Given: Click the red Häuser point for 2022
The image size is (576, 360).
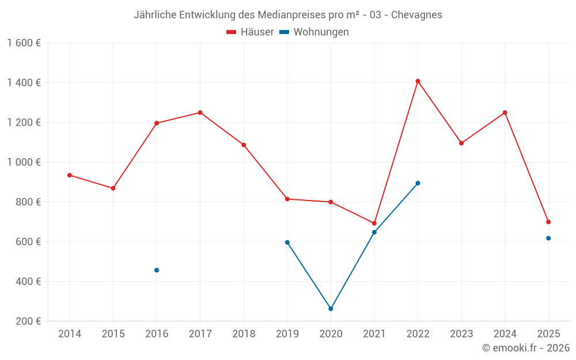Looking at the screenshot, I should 418,81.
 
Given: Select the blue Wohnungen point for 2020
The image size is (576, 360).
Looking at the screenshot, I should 331,309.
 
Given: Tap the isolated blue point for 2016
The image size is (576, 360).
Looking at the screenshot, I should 157,270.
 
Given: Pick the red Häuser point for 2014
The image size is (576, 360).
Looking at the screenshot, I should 70,175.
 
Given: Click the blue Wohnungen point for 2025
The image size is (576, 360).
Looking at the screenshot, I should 548,238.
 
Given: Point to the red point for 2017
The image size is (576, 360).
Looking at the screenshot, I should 200,112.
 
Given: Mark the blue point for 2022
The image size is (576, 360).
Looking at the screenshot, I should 418,183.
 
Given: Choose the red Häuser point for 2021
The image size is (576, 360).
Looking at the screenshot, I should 374,223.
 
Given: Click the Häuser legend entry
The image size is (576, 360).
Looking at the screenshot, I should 250,32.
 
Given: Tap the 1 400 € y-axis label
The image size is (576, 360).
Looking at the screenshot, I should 24,83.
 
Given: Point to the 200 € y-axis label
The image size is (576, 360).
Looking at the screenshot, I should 28,321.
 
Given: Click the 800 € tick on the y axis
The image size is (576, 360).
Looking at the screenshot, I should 28,202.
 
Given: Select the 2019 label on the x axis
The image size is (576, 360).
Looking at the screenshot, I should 287,334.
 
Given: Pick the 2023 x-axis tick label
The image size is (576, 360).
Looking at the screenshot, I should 461,334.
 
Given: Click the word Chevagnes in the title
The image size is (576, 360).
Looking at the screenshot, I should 416,15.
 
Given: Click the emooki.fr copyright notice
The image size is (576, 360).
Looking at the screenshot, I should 525,348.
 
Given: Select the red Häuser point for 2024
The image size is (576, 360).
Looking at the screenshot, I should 505,112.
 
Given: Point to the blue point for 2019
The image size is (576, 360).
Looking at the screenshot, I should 287,242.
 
